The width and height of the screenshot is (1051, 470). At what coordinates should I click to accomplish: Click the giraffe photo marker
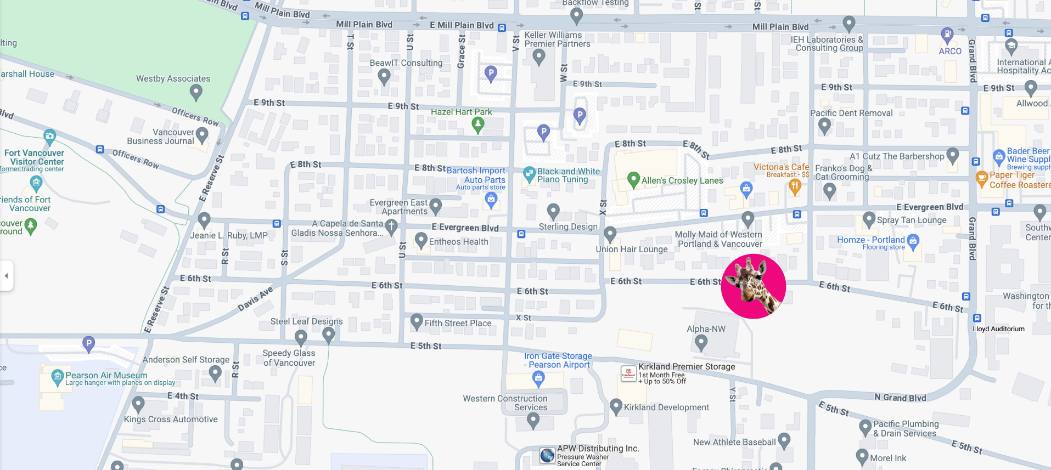point(753,286)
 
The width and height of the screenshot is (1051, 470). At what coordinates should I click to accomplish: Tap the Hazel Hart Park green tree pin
point(478,124)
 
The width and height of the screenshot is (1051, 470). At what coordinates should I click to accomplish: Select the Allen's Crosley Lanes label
point(682,180)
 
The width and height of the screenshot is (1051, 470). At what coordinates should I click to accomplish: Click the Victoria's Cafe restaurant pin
point(794,186)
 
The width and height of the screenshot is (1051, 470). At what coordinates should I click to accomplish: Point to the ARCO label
point(950,52)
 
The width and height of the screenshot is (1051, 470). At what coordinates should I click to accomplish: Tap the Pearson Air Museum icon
point(57,377)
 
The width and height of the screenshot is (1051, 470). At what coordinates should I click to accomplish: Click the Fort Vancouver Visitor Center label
point(35,157)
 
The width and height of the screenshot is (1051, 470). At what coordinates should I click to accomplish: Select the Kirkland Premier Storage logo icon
point(628,373)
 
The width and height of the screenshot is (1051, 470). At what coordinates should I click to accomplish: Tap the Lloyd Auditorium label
point(998,329)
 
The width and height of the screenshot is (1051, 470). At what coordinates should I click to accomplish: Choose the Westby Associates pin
point(196,92)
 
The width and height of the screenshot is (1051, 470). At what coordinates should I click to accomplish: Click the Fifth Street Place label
point(458,324)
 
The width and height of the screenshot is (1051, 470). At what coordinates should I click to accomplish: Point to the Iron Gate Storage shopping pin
point(538,378)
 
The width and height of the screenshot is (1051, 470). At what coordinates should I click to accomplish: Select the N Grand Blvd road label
point(900,398)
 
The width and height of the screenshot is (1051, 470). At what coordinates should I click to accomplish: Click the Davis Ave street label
point(255,299)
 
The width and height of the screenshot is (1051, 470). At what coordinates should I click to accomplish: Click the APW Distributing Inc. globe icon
point(547,455)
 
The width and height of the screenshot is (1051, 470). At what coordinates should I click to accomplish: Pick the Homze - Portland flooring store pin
point(913,241)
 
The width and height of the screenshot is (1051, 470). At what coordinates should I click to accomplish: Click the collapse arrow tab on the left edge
point(6,276)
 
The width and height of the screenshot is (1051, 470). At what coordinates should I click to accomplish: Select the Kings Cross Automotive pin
point(138,405)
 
